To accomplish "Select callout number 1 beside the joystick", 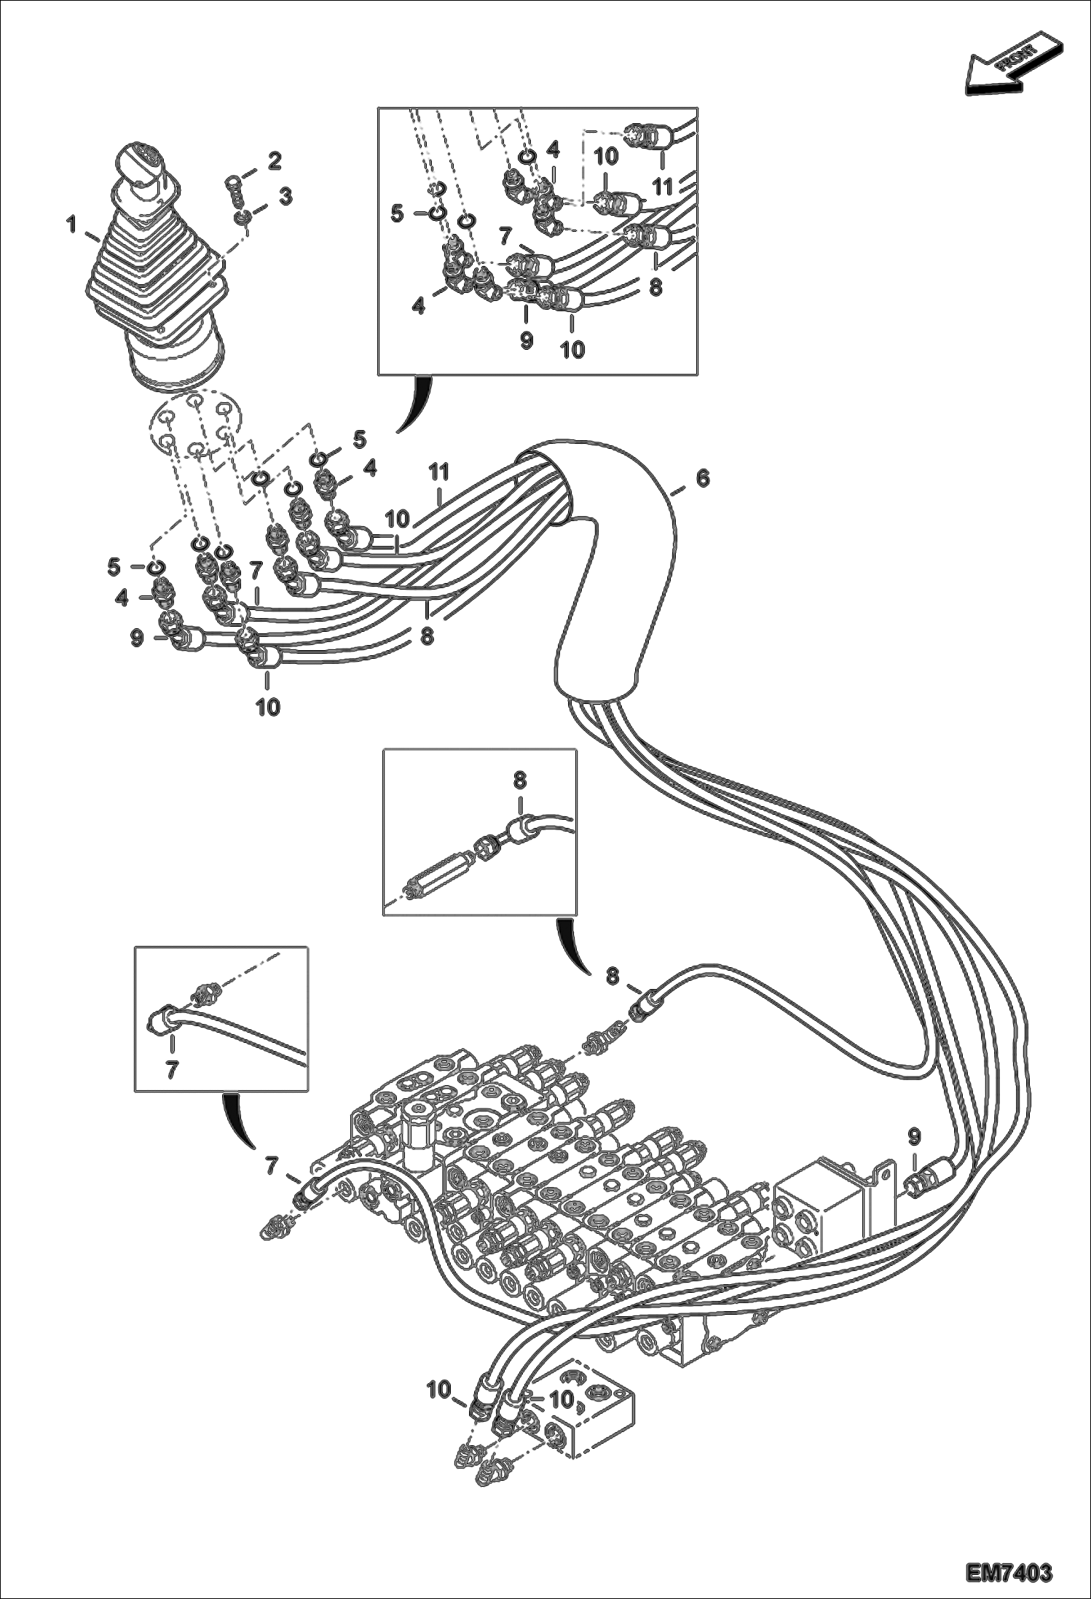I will [72, 225].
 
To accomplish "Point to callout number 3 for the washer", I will [285, 196].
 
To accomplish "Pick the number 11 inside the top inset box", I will [662, 187].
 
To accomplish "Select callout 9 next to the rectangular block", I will [914, 1135].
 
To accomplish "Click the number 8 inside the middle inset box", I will [519, 781].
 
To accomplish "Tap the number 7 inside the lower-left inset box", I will [172, 1068].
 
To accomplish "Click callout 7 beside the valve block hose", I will [272, 1167].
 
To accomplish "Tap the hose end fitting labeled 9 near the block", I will [929, 1183].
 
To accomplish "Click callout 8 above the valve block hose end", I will [613, 975].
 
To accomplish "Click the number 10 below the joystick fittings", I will [268, 706].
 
